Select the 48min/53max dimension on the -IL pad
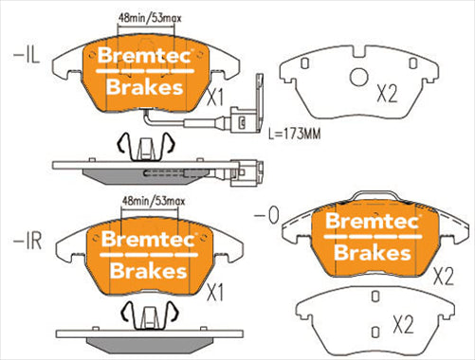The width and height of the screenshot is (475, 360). pos(149,20)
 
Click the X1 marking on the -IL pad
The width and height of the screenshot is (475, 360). pos(213,98)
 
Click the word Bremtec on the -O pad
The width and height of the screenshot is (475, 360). pos(372,220)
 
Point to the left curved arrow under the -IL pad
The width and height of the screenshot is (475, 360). pos(120,145)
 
